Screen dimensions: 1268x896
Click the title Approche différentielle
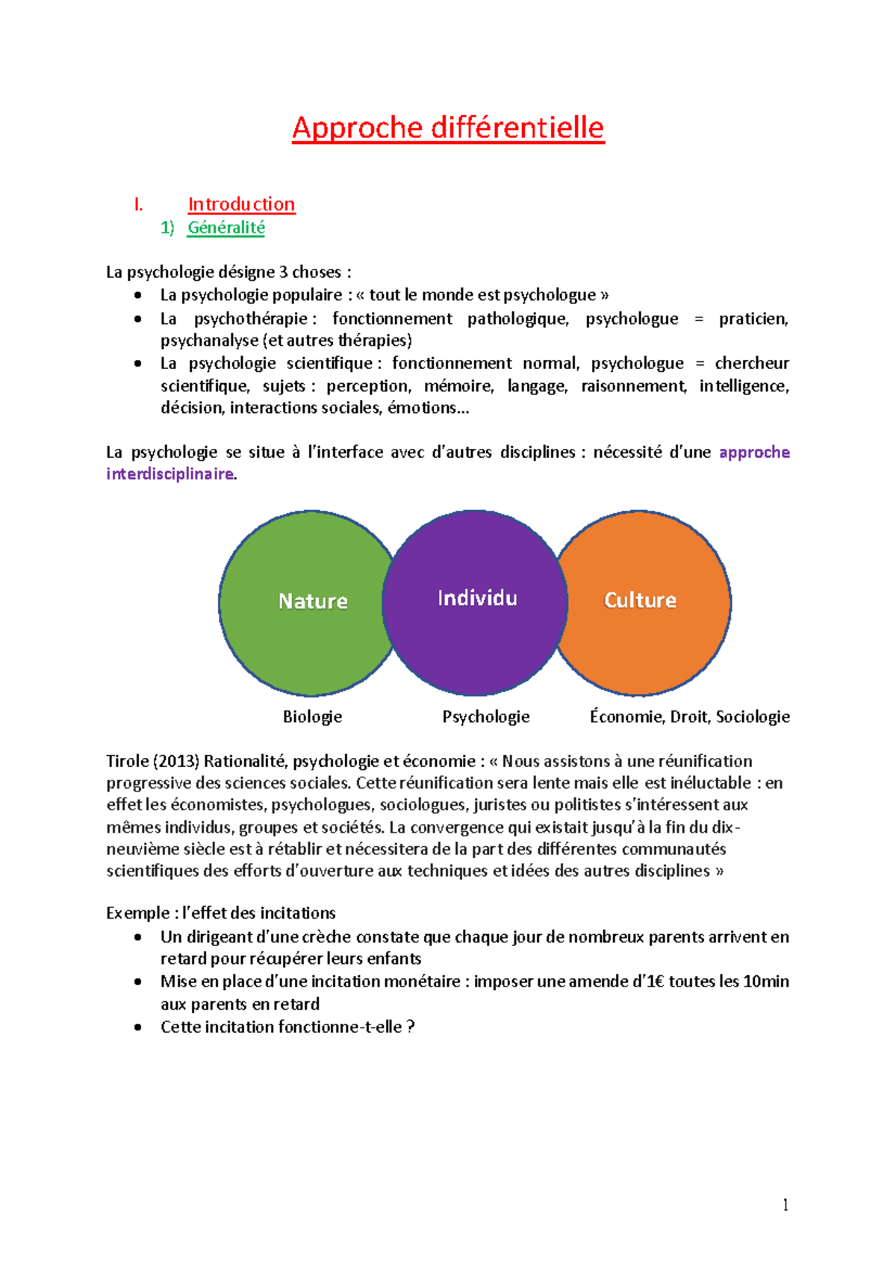[448, 128]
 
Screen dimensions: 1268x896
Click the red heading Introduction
[241, 204]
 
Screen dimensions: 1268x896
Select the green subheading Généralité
[226, 227]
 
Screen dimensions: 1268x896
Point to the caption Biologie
[312, 717]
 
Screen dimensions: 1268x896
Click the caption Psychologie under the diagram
[485, 717]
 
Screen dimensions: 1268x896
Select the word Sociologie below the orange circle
[753, 717]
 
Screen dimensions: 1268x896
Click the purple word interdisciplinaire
[169, 474]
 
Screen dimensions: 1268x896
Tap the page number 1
[785, 1205]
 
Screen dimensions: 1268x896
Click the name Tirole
[128, 762]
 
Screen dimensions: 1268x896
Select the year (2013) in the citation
[176, 762]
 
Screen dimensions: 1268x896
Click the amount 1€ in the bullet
[653, 982]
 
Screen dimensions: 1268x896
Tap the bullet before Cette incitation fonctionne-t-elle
[137, 1028]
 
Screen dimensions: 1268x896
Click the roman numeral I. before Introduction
[138, 204]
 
